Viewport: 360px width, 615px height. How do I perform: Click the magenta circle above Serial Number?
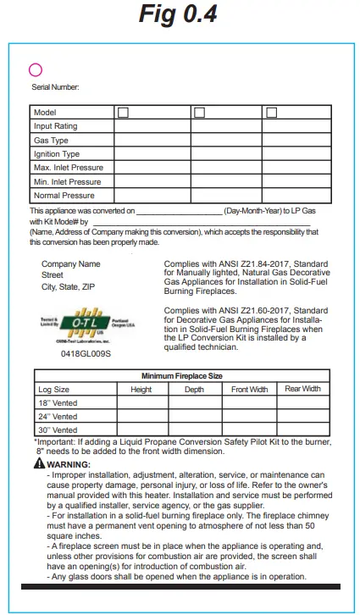(x=36, y=70)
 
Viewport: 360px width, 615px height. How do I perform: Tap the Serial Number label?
(x=55, y=86)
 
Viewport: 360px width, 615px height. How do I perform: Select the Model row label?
(x=44, y=113)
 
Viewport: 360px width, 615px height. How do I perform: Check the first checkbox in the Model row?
(x=124, y=113)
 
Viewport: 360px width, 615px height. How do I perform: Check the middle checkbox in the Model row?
(x=199, y=113)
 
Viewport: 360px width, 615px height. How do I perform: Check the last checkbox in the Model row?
(x=271, y=113)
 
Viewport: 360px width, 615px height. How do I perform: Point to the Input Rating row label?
(x=55, y=126)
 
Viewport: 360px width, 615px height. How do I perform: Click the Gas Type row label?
(x=51, y=140)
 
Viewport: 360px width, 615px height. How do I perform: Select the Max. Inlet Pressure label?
(x=68, y=168)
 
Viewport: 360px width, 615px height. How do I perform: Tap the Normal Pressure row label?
(x=64, y=196)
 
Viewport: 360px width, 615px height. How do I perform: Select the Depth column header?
(x=194, y=390)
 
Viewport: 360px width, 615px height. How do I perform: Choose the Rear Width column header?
(x=302, y=389)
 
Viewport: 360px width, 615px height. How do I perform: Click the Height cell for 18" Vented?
(x=141, y=403)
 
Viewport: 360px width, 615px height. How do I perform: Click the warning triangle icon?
(x=40, y=464)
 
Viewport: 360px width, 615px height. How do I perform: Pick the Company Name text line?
(x=70, y=264)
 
